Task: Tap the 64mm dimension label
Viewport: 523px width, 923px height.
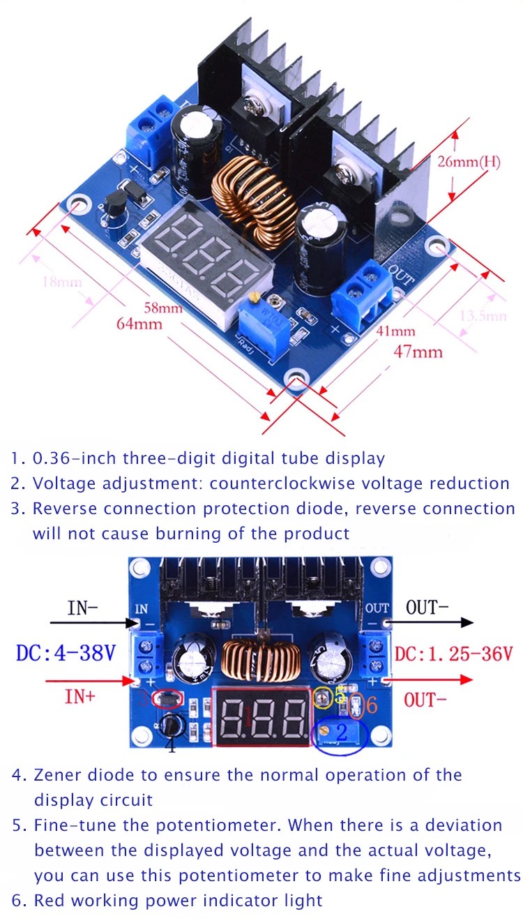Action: pos(139,324)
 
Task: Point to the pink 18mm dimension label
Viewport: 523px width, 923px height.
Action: pos(62,283)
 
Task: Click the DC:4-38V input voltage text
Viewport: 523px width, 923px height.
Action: pos(67,654)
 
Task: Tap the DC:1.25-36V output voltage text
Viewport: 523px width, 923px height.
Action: pos(454,654)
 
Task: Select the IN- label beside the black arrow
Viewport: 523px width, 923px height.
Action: pos(82,608)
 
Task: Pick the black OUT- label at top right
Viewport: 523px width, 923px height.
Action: pos(427,607)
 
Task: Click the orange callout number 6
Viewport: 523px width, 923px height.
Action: pos(372,705)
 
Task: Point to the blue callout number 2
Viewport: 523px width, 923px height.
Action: pos(342,732)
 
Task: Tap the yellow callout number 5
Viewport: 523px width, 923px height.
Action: pos(340,696)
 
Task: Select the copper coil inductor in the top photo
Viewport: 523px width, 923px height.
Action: pos(250,198)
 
